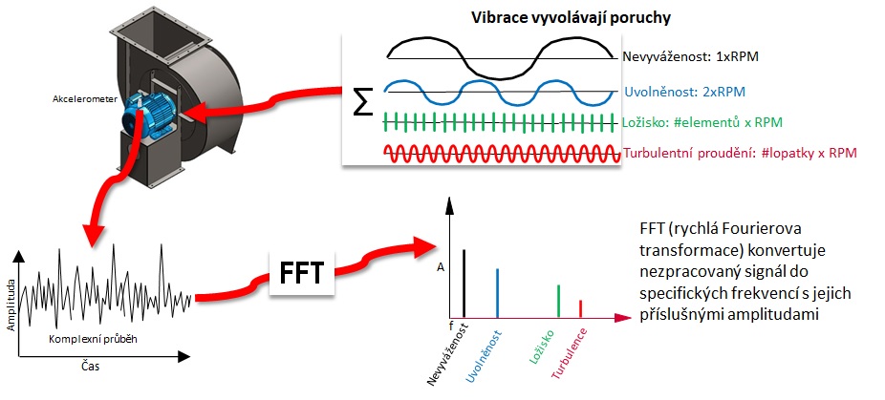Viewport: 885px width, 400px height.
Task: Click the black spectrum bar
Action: [464, 283]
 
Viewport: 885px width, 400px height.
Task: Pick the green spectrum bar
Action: [557, 301]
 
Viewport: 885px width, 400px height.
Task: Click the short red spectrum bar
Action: [580, 308]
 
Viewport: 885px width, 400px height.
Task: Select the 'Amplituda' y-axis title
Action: [11, 304]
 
